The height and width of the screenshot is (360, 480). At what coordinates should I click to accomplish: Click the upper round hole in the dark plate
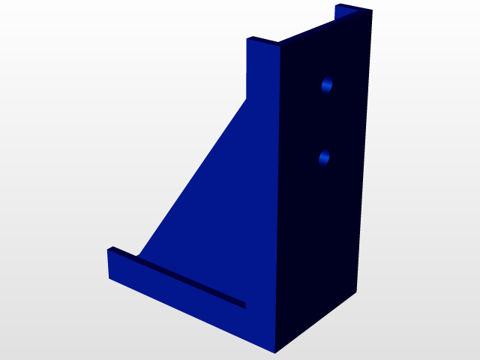pyautogui.click(x=327, y=85)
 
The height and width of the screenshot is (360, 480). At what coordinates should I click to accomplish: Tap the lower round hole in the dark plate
pyautogui.click(x=325, y=157)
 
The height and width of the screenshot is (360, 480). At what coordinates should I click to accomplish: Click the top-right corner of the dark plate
pyautogui.click(x=372, y=11)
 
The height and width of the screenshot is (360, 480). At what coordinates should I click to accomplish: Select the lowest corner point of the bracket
pyautogui.click(x=275, y=352)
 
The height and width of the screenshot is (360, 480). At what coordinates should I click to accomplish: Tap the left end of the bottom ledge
pyautogui.click(x=109, y=262)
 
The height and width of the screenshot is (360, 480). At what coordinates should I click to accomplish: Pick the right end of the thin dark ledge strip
pyautogui.click(x=244, y=304)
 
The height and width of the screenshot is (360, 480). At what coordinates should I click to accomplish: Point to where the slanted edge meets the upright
pyautogui.click(x=247, y=98)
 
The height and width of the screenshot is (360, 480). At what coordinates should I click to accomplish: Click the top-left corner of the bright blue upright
pyautogui.click(x=247, y=39)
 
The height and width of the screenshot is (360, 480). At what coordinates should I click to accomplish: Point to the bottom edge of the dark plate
pyautogui.click(x=316, y=322)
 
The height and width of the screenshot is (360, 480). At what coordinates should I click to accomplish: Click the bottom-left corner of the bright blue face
pyautogui.click(x=109, y=277)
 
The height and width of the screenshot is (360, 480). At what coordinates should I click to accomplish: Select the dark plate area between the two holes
pyautogui.click(x=325, y=121)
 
